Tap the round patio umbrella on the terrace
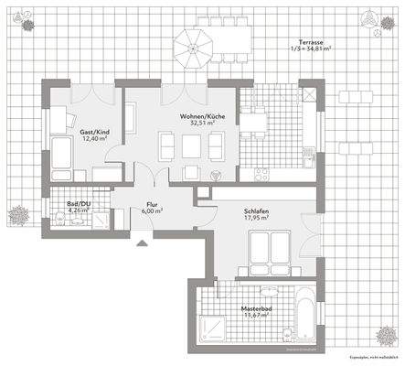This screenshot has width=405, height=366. [x=194, y=42]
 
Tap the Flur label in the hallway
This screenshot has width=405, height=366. [x=153, y=204]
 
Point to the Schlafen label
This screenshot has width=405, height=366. [x=256, y=210]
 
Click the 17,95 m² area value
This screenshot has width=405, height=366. [x=256, y=218]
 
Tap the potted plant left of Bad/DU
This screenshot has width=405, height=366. [x=17, y=216]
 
